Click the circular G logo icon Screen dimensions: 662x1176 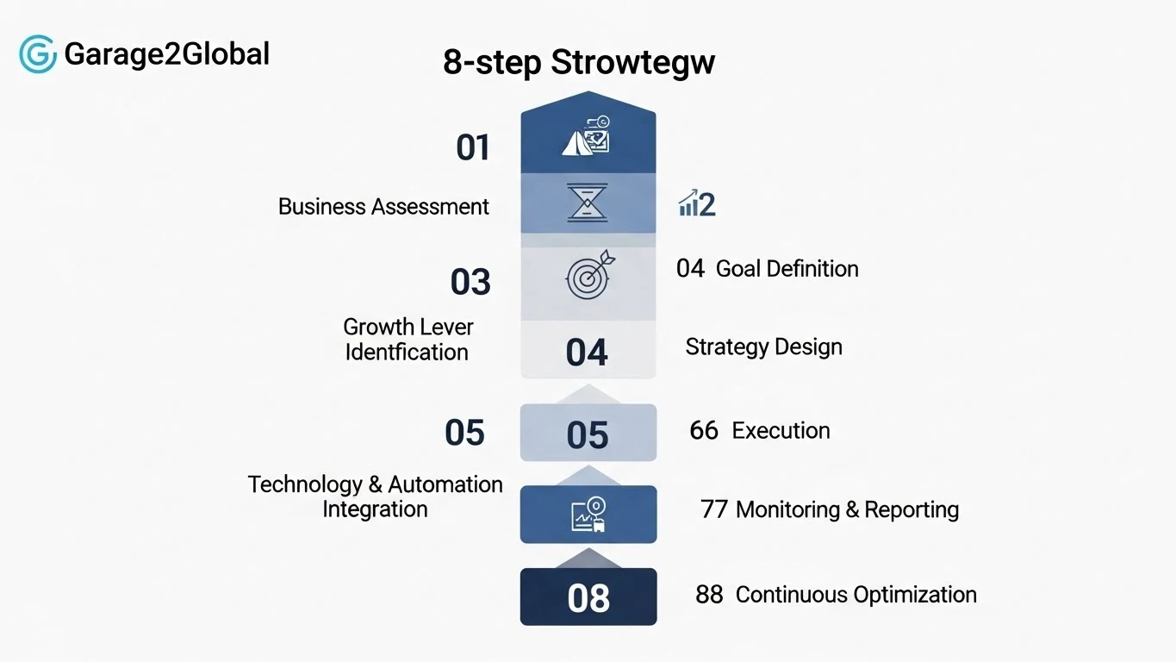[x=38, y=54]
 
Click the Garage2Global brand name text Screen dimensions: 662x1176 [x=166, y=54]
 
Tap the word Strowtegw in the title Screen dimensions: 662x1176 [x=632, y=63]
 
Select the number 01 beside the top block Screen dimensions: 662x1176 [x=473, y=147]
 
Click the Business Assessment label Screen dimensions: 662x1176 [x=383, y=207]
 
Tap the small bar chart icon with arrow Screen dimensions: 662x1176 [x=688, y=204]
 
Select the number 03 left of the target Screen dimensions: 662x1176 [x=470, y=282]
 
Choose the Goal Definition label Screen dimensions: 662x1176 [x=787, y=269]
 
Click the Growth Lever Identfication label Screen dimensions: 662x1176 [x=408, y=340]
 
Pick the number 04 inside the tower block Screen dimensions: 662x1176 [x=587, y=353]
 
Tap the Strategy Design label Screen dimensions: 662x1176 [x=763, y=347]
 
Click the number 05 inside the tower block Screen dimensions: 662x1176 [x=588, y=435]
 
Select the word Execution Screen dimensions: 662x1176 [x=781, y=430]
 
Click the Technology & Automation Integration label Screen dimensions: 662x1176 [x=375, y=496]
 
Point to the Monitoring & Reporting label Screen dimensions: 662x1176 [x=846, y=509]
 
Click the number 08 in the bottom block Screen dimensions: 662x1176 [x=588, y=597]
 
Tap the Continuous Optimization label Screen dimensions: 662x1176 [x=856, y=595]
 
